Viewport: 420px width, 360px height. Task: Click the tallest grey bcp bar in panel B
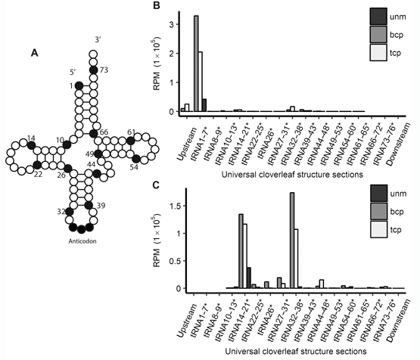pos(196,64)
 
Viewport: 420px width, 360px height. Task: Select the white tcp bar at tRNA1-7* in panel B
pos(200,82)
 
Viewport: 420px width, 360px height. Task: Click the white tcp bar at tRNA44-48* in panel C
pos(322,284)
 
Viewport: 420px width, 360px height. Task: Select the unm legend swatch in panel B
pos(378,17)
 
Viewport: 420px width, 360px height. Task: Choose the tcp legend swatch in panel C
pos(378,229)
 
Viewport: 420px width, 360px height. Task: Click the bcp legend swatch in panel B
pos(378,35)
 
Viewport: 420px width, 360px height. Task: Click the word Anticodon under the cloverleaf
pos(82,241)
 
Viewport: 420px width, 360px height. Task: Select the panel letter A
pos(35,53)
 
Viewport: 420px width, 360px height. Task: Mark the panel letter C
pos(157,185)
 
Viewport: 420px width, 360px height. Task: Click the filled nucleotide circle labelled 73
pos(93,70)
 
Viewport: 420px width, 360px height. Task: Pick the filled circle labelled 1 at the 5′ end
pos(79,85)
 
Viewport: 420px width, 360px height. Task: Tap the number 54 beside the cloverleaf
pos(134,167)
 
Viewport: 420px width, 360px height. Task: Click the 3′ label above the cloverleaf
pos(98,39)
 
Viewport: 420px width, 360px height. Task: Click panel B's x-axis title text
pos(292,175)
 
